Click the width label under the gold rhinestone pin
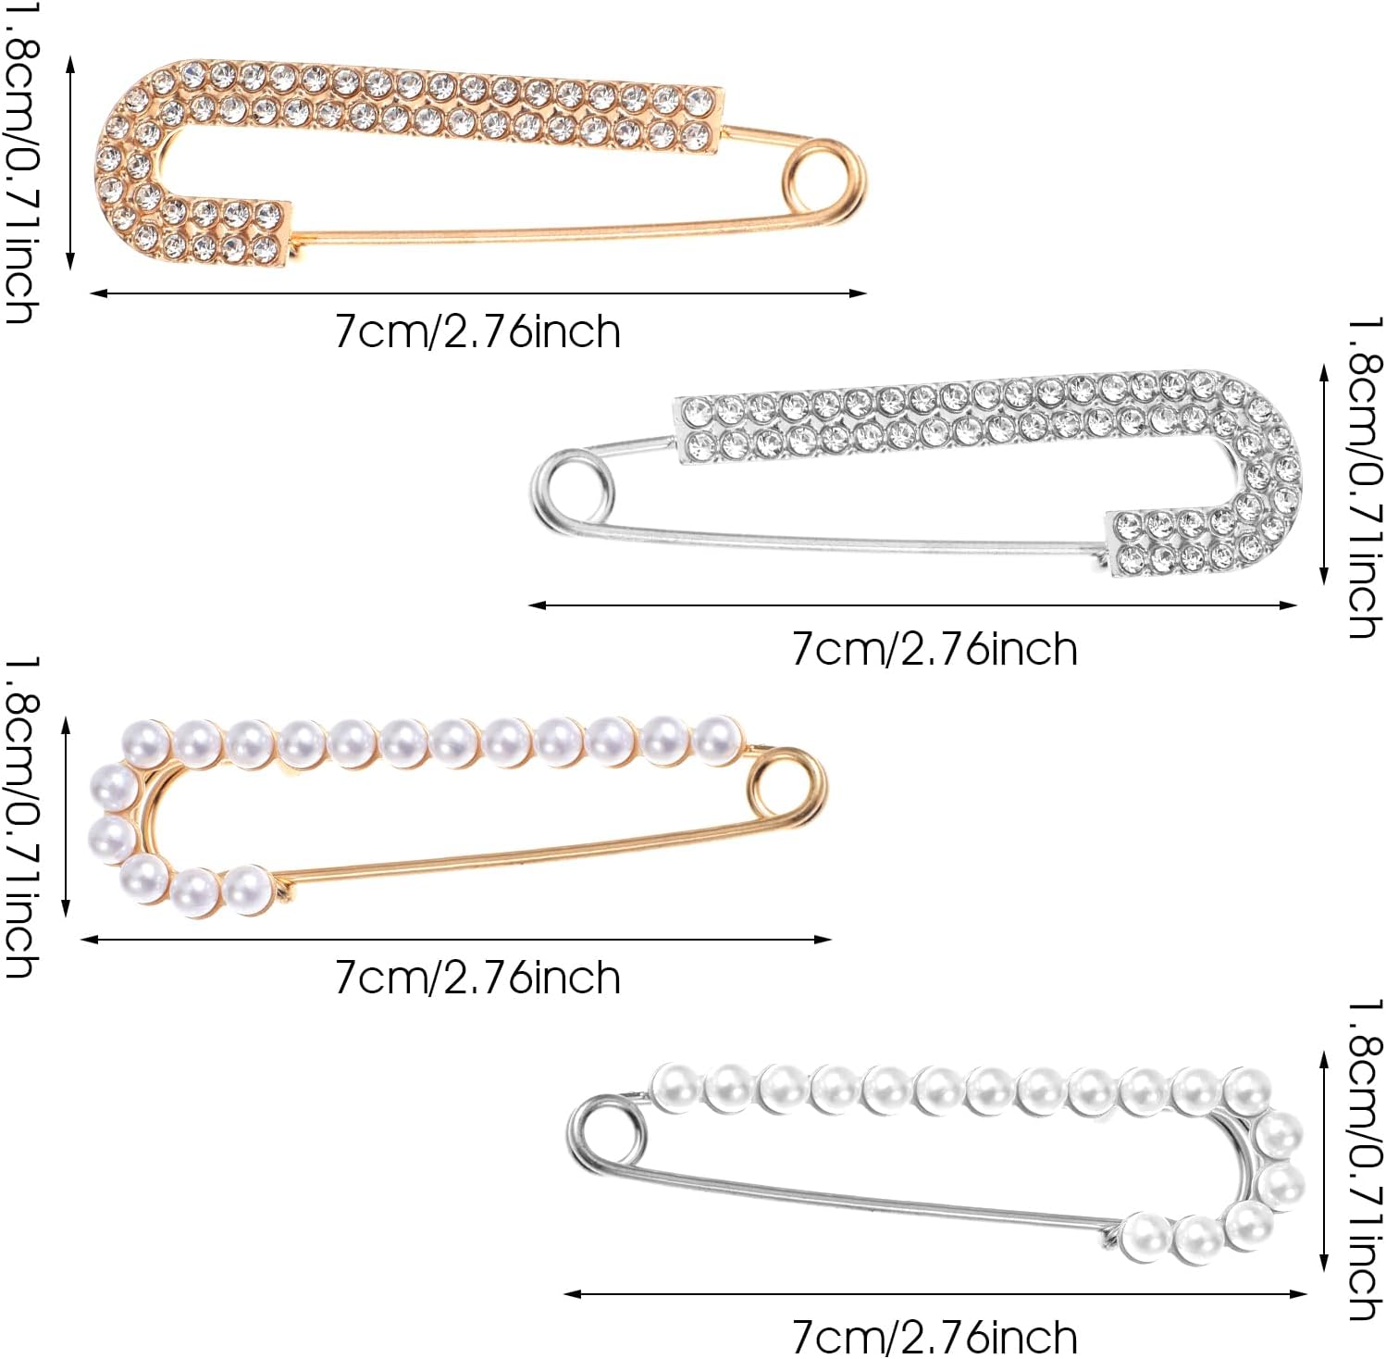coord(477,331)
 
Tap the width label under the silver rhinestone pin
coord(934,649)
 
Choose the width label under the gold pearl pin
coord(477,978)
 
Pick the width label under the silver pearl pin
coord(934,1337)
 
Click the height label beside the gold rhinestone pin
coord(20,162)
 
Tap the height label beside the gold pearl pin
coord(20,817)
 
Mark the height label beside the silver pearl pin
coord(1365,1159)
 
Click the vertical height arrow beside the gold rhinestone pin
coord(70,162)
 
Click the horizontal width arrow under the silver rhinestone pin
coord(912,605)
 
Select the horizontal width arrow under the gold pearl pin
coord(456,940)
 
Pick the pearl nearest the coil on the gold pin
coord(718,741)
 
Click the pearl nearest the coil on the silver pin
coord(676,1087)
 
